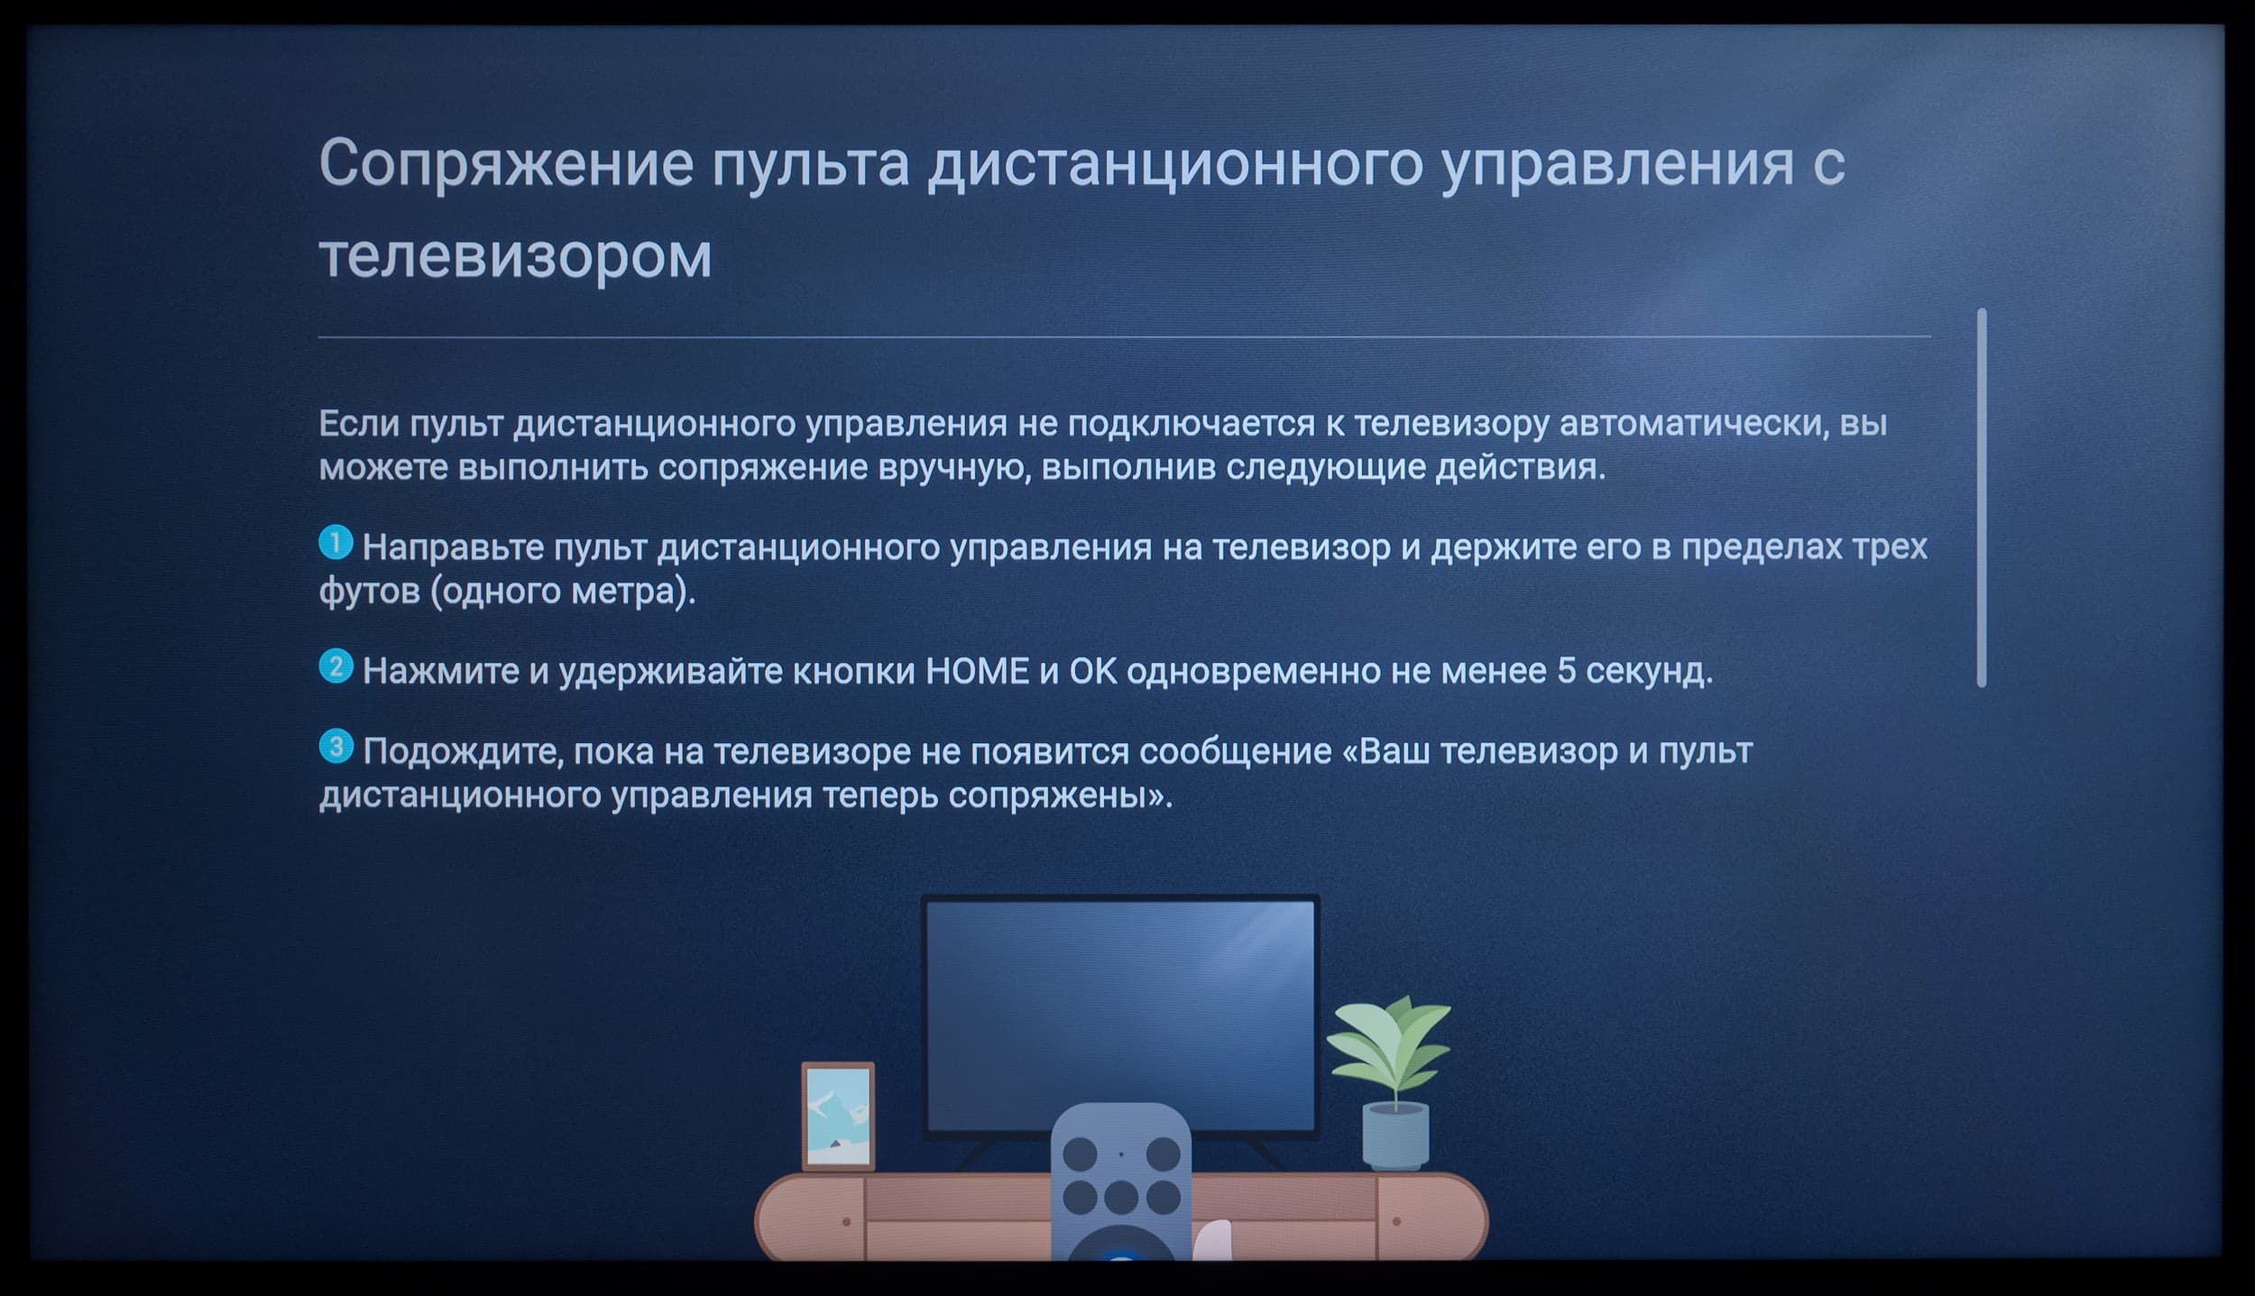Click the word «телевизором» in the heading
(515, 256)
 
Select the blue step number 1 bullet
(336, 543)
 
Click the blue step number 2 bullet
(336, 667)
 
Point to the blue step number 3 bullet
(336, 747)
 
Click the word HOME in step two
(978, 671)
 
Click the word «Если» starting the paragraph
(358, 424)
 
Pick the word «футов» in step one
(369, 593)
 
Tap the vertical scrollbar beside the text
(1982, 498)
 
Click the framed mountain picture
(838, 1117)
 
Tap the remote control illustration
(1120, 1183)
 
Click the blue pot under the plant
(1395, 1137)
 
